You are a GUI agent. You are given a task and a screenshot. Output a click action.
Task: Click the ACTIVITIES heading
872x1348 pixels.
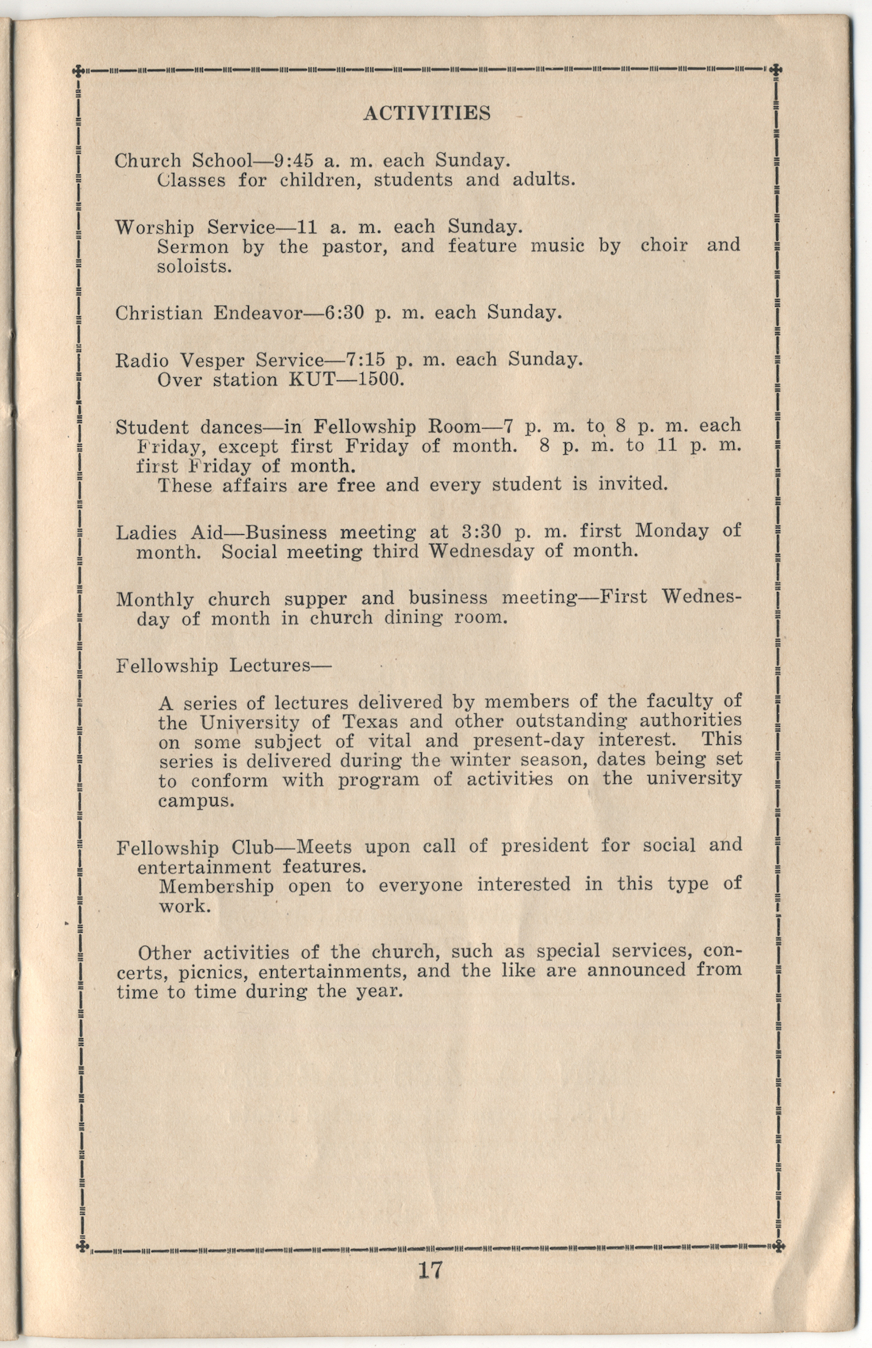[426, 113]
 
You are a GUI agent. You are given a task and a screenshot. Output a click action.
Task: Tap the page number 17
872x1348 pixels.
[430, 1270]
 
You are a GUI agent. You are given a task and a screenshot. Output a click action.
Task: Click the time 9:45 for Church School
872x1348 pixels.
[293, 160]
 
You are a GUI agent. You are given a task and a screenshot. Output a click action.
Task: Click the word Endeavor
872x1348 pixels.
[258, 312]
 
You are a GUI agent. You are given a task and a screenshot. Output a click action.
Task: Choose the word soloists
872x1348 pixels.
[194, 266]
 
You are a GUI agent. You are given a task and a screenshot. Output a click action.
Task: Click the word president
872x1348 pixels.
[545, 846]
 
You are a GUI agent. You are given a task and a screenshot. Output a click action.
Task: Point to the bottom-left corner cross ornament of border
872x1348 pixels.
[80, 1247]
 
